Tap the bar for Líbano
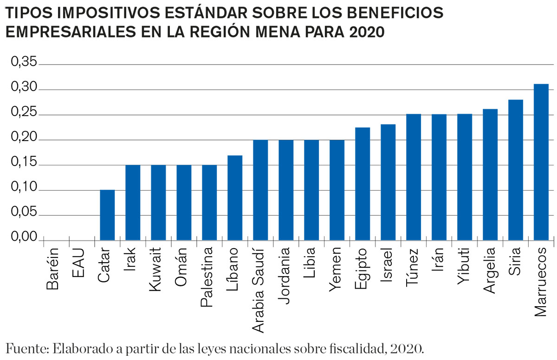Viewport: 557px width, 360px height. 235,198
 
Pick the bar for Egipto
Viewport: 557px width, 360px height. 363,184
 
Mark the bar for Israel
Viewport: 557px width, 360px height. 388,182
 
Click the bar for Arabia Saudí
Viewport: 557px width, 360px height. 260,190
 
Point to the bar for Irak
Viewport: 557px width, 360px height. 133,202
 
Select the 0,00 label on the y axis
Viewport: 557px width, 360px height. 23,238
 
